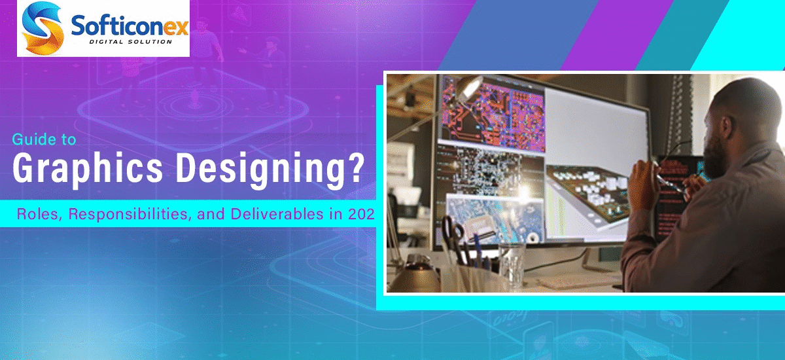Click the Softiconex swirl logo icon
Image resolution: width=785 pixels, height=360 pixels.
click(x=41, y=28)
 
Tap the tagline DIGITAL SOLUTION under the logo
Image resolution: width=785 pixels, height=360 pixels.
click(x=130, y=42)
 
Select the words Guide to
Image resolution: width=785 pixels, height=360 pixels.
click(x=44, y=139)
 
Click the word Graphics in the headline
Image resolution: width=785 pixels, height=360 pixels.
click(x=85, y=170)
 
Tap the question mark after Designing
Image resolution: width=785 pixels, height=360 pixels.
click(x=355, y=169)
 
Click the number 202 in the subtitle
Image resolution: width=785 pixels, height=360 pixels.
click(x=357, y=213)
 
